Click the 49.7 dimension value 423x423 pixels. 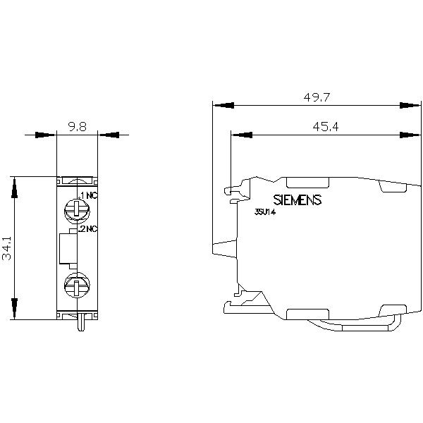point(317,97)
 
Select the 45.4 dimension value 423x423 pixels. point(325,126)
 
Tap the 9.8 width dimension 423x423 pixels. point(77,126)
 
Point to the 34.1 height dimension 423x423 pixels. point(7,248)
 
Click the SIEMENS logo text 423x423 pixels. point(298,200)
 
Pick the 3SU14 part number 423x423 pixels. point(265,212)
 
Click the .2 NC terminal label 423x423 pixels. point(88,229)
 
